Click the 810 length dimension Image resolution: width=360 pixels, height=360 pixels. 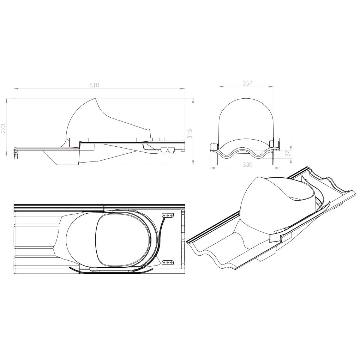coord(94,85)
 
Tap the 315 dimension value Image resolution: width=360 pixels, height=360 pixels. coord(190,134)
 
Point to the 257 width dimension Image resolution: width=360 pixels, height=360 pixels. coord(247,83)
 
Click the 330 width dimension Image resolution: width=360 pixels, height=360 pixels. coord(247,165)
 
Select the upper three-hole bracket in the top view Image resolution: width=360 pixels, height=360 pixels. coord(168,215)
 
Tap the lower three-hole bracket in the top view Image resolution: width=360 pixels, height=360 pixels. coord(168,262)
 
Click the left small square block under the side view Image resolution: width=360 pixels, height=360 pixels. coord(164,150)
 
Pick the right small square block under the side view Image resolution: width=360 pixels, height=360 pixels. coord(171,150)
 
